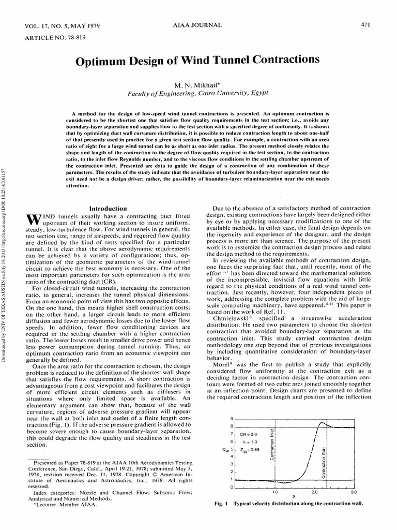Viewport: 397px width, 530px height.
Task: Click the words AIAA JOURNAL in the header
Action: coord(198,25)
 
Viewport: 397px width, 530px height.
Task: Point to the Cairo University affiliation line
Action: coord(198,93)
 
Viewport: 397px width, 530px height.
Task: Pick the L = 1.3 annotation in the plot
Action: coord(249,442)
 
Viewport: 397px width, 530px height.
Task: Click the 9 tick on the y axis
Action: coord(232,418)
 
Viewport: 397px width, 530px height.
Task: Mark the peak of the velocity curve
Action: coord(324,423)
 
